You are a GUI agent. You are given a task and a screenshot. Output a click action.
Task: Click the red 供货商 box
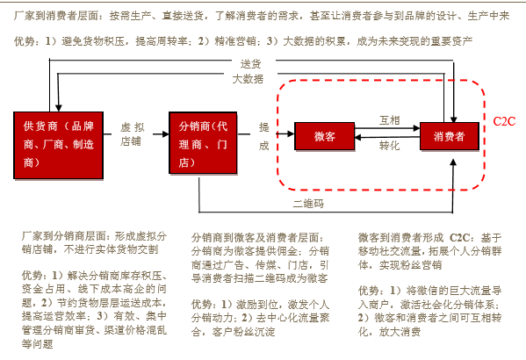coord(58,145)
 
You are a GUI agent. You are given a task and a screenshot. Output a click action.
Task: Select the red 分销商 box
coord(203,143)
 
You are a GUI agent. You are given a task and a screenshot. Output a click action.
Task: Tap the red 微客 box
coord(324,136)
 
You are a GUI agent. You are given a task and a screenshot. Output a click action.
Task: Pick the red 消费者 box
coord(450,136)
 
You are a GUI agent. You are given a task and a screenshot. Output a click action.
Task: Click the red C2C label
coord(504,121)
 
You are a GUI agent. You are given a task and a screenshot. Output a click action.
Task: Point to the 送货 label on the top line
coord(250,64)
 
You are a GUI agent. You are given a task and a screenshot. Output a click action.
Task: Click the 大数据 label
coord(248,79)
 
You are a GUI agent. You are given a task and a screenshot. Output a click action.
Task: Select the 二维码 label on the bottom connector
coord(308,204)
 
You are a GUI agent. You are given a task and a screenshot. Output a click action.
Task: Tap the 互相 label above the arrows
coord(390,120)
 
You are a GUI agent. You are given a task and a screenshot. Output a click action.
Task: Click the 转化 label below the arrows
coord(390,146)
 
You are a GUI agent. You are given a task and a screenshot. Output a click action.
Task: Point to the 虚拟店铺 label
coord(133,134)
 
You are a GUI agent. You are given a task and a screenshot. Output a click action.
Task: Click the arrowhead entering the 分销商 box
coord(166,134)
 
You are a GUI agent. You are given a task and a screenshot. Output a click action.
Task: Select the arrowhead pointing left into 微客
coord(358,137)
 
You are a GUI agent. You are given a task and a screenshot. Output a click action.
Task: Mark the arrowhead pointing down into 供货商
coord(58,108)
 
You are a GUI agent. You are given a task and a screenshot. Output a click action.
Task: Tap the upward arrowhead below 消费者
coord(453,162)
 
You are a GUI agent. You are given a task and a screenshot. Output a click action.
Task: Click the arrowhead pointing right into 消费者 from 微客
coord(416,128)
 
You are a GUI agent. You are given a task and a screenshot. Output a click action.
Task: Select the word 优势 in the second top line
coord(25,41)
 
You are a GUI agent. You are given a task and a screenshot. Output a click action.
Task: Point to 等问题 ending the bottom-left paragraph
coord(38,344)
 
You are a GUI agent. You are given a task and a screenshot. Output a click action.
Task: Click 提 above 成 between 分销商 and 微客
coord(264,127)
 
